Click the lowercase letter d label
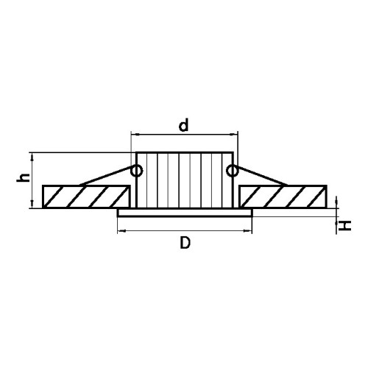pos(184,125)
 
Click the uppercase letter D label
pos(185,243)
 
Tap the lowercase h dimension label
pos(23,177)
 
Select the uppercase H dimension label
pos(344,226)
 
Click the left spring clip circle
pos(136,171)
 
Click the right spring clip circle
pos(232,171)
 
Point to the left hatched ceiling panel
pos(86,197)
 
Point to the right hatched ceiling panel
pos(283,197)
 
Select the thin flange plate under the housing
pos(185,213)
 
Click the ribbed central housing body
pos(184,180)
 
